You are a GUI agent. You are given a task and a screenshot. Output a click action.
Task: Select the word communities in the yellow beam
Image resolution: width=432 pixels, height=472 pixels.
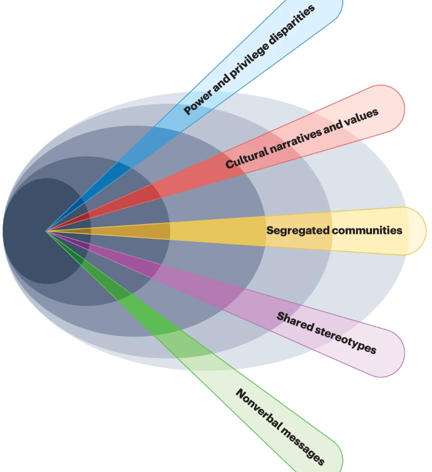(368, 231)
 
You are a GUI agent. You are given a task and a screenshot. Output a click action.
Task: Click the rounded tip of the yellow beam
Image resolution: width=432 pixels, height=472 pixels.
(416, 231)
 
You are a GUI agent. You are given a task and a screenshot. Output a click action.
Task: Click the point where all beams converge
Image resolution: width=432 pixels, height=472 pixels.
(46, 231)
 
